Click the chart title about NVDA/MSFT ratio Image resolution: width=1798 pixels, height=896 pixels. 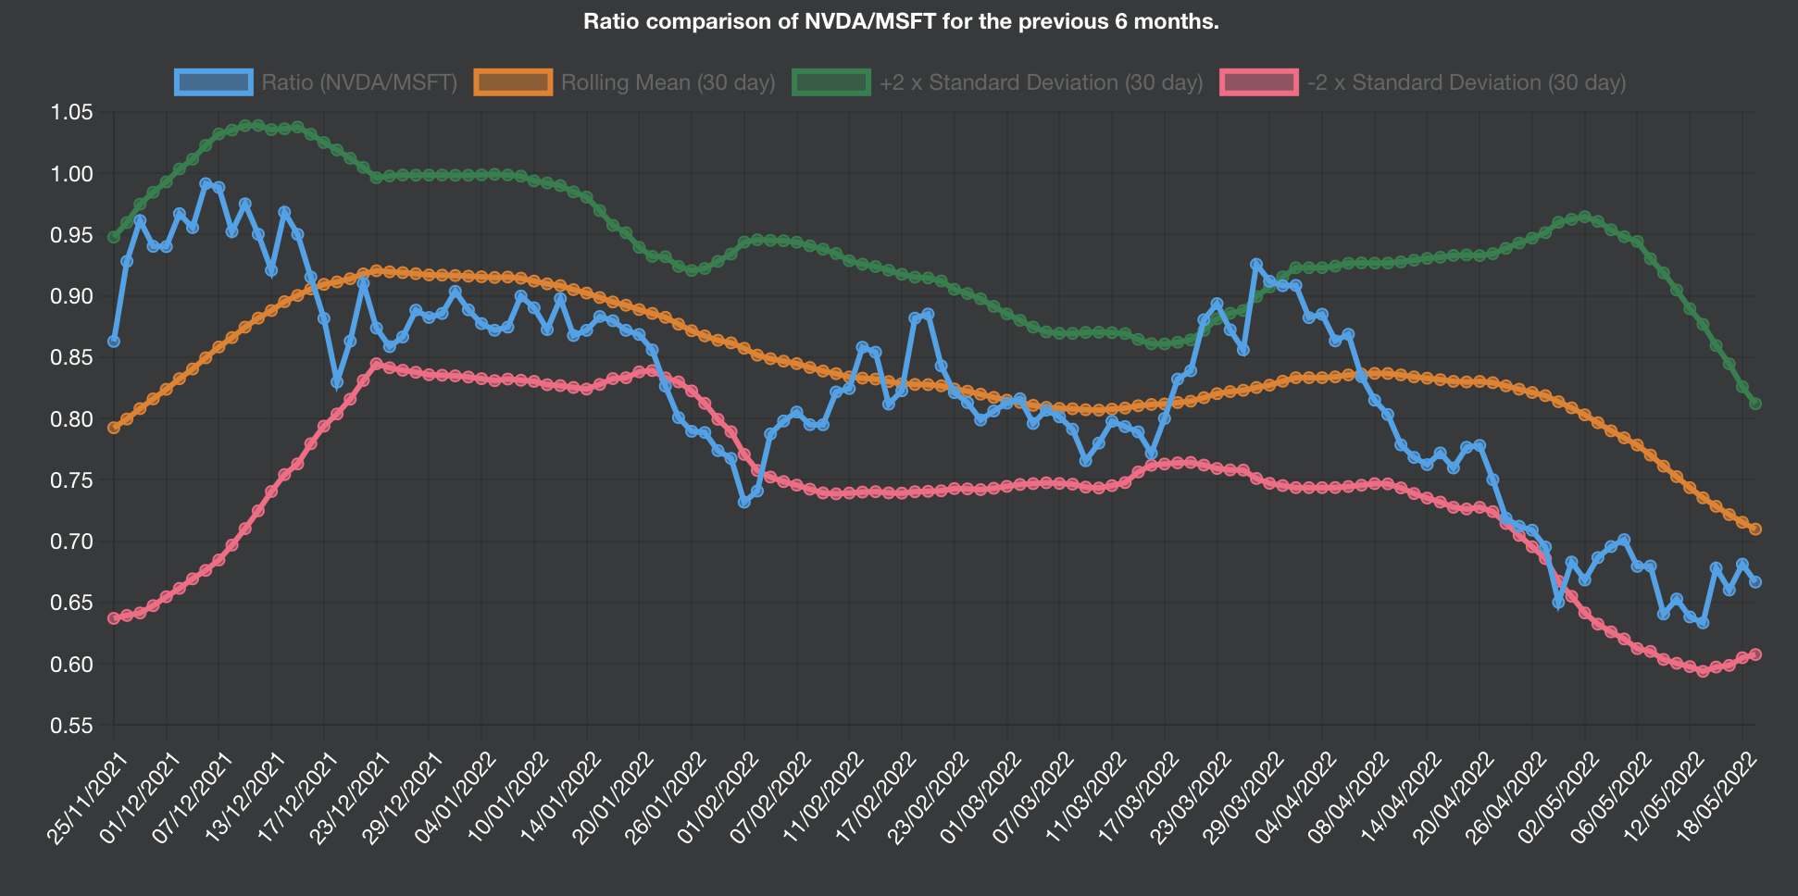pyautogui.click(x=900, y=21)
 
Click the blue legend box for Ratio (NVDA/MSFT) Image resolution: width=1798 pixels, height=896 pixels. pyautogui.click(x=214, y=82)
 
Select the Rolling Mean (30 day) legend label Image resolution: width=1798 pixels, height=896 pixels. pyautogui.click(x=668, y=82)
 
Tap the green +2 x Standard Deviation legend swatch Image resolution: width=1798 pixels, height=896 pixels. pyautogui.click(x=830, y=82)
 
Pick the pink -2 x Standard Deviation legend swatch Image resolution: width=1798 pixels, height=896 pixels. pyautogui.click(x=1259, y=82)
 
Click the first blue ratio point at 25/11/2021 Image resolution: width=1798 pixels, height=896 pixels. pyautogui.click(x=114, y=342)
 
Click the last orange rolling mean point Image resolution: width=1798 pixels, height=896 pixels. pyautogui.click(x=1754, y=529)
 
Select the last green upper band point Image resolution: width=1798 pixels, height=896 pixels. pyautogui.click(x=1754, y=404)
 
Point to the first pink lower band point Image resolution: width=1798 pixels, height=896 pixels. pyautogui.click(x=114, y=617)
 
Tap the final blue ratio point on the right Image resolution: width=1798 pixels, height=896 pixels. pyautogui.click(x=1754, y=582)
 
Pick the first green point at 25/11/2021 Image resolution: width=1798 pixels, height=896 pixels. pyautogui.click(x=114, y=237)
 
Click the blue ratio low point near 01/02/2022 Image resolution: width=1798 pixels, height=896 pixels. pyautogui.click(x=744, y=502)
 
